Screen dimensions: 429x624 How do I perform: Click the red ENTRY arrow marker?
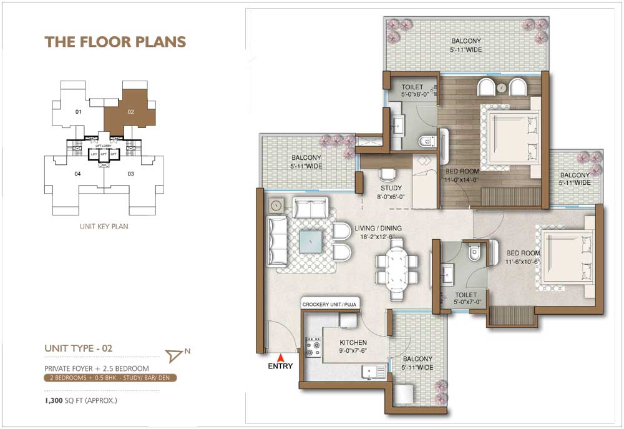tap(281, 358)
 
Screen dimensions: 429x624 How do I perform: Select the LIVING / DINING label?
tap(378, 229)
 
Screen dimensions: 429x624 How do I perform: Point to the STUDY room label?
tap(391, 188)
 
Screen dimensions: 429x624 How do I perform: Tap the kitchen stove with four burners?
tap(312, 347)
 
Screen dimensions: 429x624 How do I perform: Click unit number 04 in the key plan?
tap(77, 174)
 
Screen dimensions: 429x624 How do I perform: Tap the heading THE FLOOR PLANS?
tap(115, 42)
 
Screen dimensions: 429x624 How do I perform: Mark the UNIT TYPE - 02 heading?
tap(78, 348)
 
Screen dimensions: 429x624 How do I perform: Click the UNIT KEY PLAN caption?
tap(104, 226)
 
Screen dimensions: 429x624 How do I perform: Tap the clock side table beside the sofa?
tap(277, 204)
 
